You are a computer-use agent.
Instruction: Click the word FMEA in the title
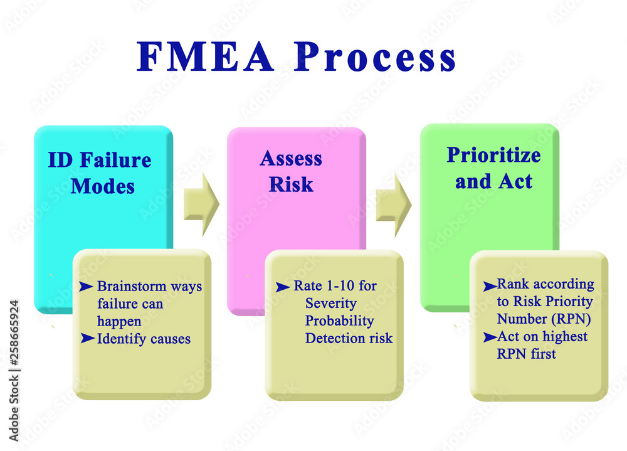tap(206, 58)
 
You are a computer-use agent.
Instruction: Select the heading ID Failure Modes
tap(100, 172)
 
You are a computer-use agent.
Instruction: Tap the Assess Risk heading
tap(291, 171)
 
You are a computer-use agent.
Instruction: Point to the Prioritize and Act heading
tap(493, 168)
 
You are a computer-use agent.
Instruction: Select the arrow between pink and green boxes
tap(393, 205)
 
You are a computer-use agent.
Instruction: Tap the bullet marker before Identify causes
tap(87, 339)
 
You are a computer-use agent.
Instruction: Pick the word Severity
tap(330, 304)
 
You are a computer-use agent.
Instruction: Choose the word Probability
tap(339, 321)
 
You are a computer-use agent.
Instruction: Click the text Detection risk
tap(349, 339)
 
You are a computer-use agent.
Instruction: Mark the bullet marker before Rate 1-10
tap(283, 287)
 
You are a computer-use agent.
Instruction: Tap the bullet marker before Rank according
tap(489, 286)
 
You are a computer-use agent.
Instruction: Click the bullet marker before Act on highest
tap(489, 337)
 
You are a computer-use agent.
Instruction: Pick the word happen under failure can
tap(119, 322)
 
